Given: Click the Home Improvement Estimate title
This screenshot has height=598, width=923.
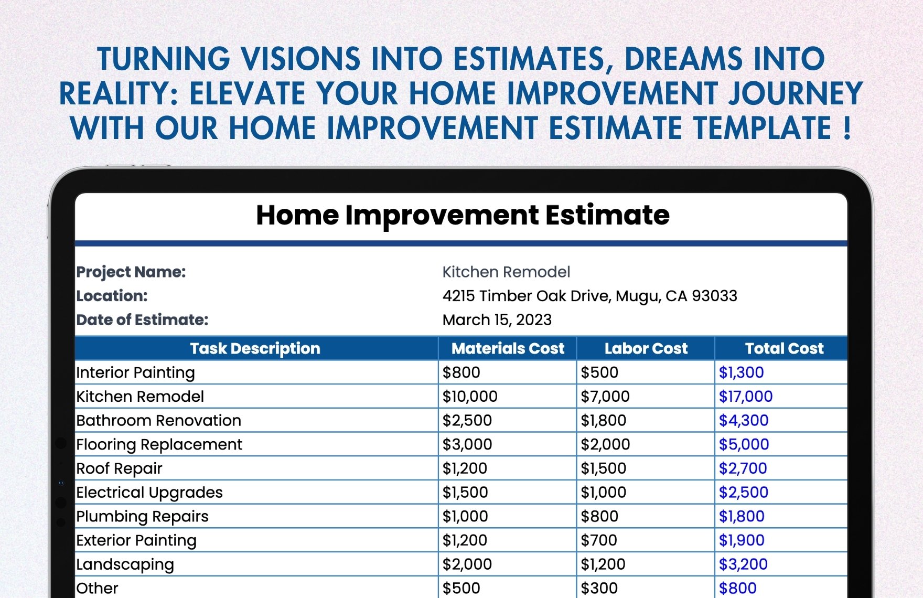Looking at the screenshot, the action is click(x=463, y=215).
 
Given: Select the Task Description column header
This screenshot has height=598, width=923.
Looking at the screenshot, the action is click(x=255, y=349).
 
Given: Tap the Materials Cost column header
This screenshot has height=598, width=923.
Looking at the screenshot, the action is click(x=508, y=349).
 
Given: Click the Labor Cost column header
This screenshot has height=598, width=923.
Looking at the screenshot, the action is click(x=646, y=349).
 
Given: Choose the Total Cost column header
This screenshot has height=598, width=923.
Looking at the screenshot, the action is click(x=785, y=349).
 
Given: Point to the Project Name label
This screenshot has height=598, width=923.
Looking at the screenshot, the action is click(x=131, y=272).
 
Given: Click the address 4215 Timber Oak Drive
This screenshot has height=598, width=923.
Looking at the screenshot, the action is click(x=527, y=296).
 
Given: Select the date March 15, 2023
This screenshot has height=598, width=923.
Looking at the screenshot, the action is click(x=497, y=320).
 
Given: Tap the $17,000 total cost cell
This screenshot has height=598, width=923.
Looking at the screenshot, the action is click(x=746, y=397).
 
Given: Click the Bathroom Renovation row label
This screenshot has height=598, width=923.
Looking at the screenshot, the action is click(x=159, y=421).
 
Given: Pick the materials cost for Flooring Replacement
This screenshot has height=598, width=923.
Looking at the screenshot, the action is click(x=467, y=445).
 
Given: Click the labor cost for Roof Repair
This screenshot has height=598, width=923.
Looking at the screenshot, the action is click(x=604, y=468).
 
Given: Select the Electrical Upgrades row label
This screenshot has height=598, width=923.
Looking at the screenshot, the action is click(x=149, y=493).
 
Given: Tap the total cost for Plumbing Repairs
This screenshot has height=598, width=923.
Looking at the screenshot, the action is click(x=742, y=517).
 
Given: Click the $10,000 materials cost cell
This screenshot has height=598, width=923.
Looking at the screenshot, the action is click(x=470, y=397).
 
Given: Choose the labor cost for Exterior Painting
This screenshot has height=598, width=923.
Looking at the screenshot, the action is click(x=599, y=540).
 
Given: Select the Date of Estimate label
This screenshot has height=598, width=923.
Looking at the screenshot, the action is click(x=143, y=320).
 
